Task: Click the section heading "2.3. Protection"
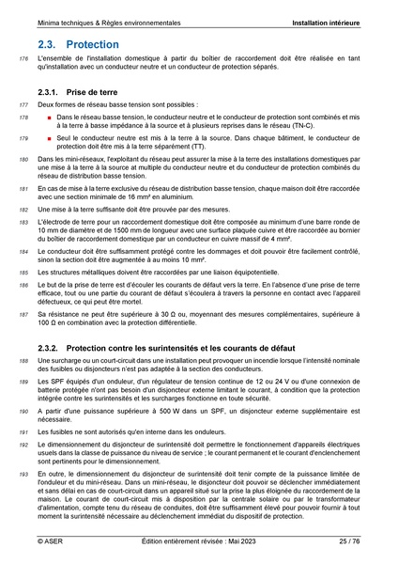click(x=79, y=44)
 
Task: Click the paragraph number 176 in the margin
click(x=23, y=60)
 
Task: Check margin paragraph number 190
click(x=23, y=411)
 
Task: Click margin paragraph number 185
click(x=23, y=271)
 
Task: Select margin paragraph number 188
click(x=23, y=361)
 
